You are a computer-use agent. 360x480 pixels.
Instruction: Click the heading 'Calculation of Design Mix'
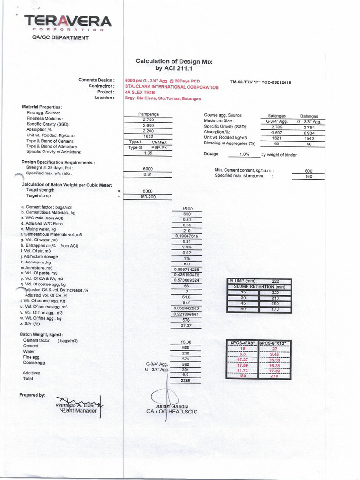coord(174,61)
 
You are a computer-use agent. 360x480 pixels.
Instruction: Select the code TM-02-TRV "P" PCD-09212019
coord(261,82)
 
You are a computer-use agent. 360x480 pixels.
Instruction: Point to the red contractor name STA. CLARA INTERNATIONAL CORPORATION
coord(172,87)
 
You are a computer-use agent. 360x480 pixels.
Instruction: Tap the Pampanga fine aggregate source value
coord(148,114)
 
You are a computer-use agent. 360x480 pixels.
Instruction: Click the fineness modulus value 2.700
coord(148,120)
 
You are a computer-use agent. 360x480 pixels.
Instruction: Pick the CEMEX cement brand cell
coord(159,142)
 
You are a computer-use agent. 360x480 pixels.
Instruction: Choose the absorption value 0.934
coord(308,132)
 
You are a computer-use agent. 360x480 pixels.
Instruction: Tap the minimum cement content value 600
coord(308,171)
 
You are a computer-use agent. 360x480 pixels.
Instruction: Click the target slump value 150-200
coord(148,197)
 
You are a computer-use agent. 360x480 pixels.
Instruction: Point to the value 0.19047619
coord(187,236)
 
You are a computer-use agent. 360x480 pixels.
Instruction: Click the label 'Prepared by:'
coord(32,395)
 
